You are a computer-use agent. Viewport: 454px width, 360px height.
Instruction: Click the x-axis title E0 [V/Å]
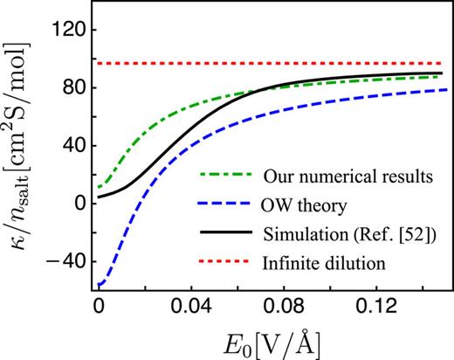point(274,343)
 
